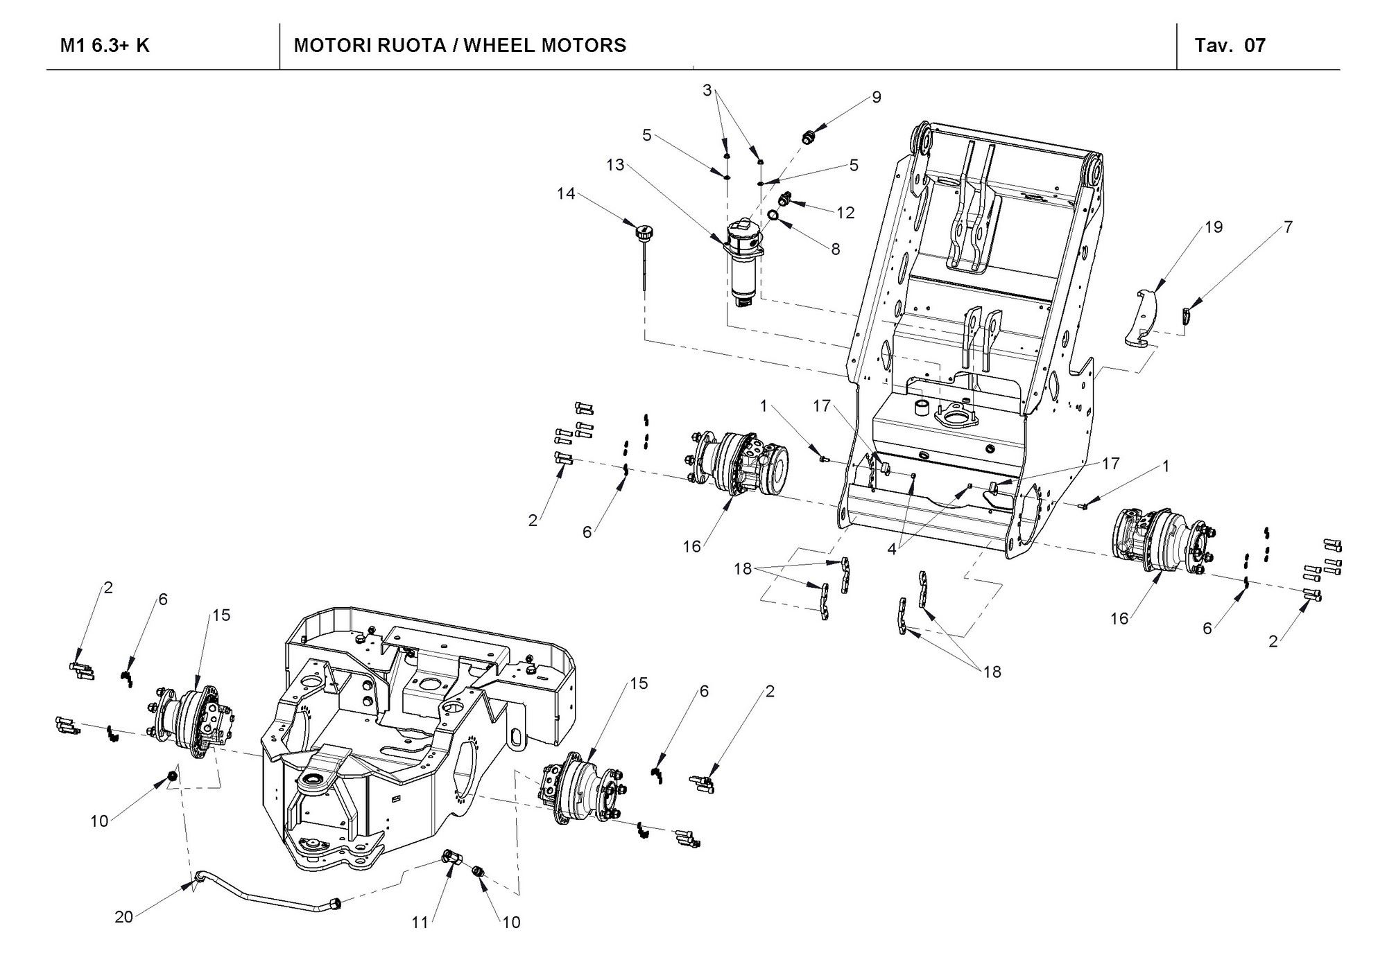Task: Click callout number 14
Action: coord(566,194)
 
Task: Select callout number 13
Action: coord(615,165)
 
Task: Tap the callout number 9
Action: coord(877,98)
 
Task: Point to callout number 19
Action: coord(1214,227)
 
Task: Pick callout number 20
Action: coord(123,917)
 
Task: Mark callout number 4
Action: coord(892,550)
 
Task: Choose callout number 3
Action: coord(707,90)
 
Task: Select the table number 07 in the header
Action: coord(1255,46)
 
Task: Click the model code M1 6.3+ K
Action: coord(105,46)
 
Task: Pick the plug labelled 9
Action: coord(807,137)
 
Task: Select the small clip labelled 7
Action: coord(1187,317)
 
